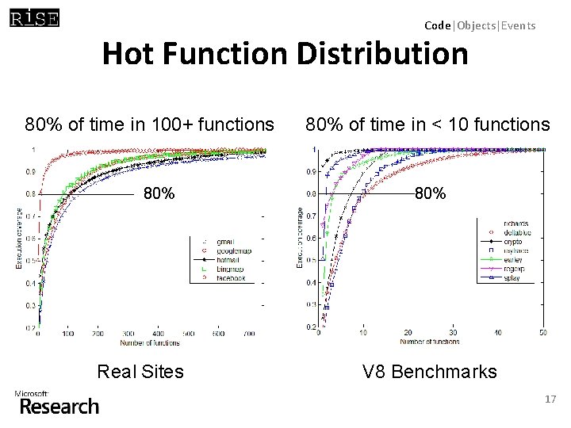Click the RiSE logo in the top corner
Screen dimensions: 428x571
(34, 17)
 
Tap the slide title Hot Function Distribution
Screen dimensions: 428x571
(285, 55)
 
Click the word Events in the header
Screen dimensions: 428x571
(518, 25)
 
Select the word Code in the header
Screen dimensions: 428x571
(437, 25)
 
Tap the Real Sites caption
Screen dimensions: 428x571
(140, 371)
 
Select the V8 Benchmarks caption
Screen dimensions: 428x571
(429, 371)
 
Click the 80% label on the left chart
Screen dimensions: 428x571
(158, 193)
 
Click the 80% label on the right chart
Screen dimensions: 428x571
(430, 193)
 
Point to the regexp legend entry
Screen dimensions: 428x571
(517, 268)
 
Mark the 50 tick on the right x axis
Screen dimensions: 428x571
(542, 333)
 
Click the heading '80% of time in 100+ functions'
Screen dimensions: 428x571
(149, 124)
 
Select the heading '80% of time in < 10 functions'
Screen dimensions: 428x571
(427, 124)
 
